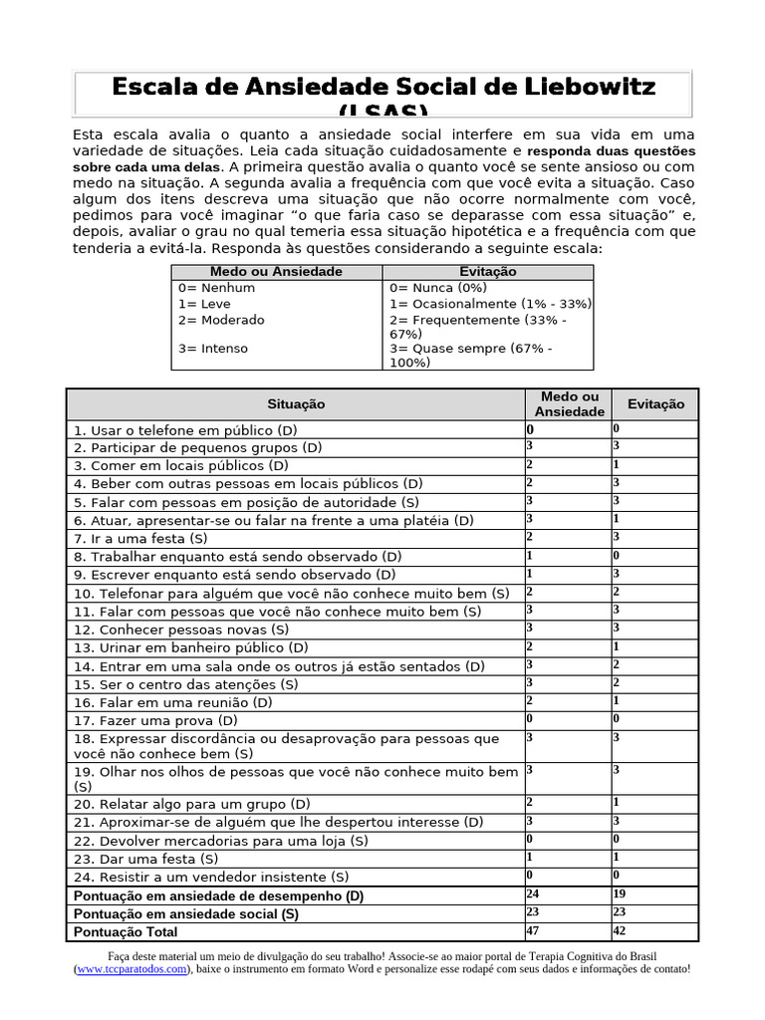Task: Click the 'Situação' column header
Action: (x=296, y=403)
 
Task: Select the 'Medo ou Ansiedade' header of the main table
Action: (x=569, y=403)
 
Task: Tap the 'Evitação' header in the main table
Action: (x=655, y=403)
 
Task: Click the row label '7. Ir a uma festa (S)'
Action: (x=139, y=539)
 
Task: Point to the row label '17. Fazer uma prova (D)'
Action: (x=154, y=720)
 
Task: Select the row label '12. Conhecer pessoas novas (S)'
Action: (x=180, y=630)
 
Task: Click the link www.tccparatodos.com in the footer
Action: (x=131, y=968)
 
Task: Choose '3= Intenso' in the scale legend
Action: (x=213, y=349)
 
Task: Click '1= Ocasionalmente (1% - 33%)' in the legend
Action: (x=490, y=304)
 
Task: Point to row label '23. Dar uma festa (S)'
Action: (x=145, y=859)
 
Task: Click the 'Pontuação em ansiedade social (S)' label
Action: (x=186, y=913)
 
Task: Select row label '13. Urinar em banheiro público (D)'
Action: (x=189, y=647)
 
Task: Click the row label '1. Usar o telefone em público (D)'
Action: (x=184, y=430)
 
